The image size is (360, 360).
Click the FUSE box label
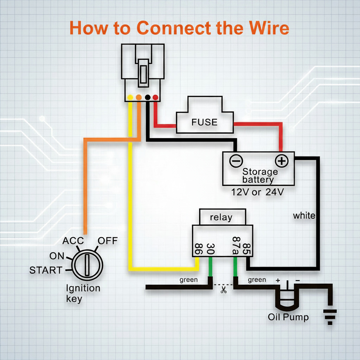[x=204, y=122]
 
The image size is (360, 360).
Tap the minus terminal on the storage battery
[x=236, y=161]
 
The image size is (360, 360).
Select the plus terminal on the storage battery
[x=282, y=161]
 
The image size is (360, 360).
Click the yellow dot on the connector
[x=130, y=97]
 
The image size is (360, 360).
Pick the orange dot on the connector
[x=139, y=97]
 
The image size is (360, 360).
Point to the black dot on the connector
[x=148, y=97]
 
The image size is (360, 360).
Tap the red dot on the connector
[x=155, y=97]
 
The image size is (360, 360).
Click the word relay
[x=221, y=217]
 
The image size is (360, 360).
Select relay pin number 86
[x=198, y=249]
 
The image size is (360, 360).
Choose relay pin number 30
[x=210, y=249]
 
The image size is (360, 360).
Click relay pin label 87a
[x=236, y=246]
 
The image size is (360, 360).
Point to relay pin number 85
[x=246, y=249]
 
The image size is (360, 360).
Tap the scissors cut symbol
[x=223, y=290]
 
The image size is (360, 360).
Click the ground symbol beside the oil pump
[x=330, y=317]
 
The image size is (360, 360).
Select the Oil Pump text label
[x=288, y=317]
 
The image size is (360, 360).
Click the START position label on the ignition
[x=46, y=270]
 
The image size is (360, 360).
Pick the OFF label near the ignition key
[x=108, y=241]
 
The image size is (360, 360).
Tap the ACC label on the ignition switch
[x=73, y=241]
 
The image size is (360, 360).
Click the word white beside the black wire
[x=304, y=216]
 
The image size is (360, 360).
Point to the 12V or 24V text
[x=257, y=192]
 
